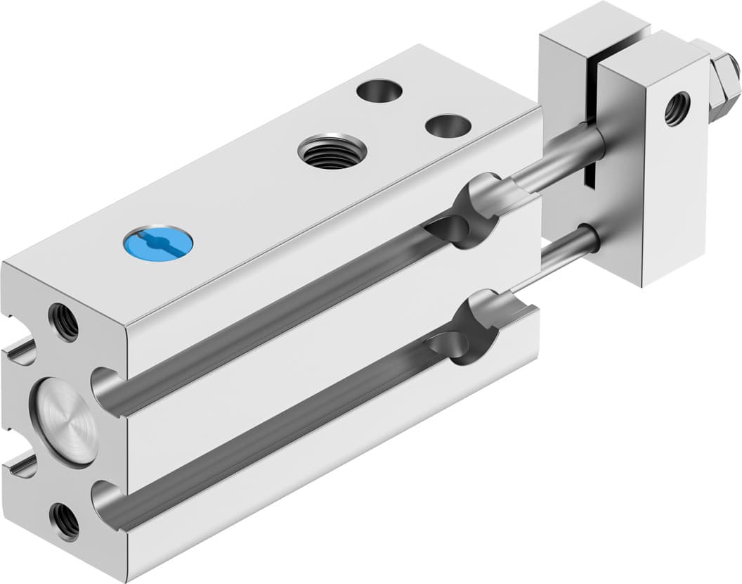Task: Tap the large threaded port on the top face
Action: click(332, 151)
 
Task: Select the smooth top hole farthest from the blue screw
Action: click(379, 91)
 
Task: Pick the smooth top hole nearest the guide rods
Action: click(448, 126)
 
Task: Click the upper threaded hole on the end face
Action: click(64, 322)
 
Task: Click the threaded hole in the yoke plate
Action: click(677, 108)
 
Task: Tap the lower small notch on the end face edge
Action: click(21, 466)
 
